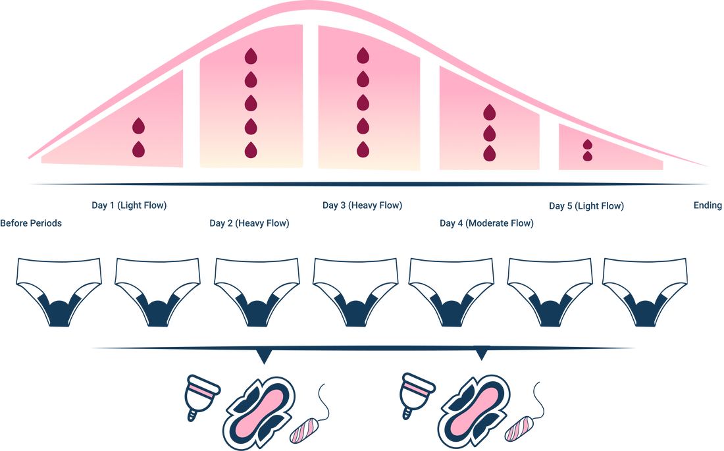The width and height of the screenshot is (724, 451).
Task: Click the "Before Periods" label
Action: click(31, 223)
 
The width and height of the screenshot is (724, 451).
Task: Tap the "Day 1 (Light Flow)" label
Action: click(129, 205)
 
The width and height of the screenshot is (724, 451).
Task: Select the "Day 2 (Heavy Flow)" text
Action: click(249, 223)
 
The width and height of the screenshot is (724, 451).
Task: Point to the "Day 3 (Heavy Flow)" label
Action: click(363, 205)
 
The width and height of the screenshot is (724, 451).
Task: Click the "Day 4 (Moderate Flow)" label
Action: click(486, 223)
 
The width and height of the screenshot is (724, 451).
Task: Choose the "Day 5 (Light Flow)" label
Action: click(586, 205)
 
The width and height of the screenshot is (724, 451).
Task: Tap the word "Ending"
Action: click(708, 205)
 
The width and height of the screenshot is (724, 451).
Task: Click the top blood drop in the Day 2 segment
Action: click(251, 56)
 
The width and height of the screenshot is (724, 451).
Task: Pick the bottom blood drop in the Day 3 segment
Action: click(363, 149)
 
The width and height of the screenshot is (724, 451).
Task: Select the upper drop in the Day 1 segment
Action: click(138, 126)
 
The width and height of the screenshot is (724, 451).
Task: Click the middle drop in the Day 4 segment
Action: click(490, 133)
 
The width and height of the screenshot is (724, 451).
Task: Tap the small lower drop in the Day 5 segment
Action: click(587, 156)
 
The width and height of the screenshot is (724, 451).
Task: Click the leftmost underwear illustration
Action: click(59, 292)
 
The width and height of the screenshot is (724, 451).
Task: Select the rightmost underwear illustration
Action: click(645, 292)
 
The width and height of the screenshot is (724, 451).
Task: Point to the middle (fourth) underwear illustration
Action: click(355, 292)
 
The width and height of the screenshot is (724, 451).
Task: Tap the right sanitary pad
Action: click(474, 413)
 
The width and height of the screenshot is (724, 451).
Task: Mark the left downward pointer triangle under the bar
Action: click(264, 356)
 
